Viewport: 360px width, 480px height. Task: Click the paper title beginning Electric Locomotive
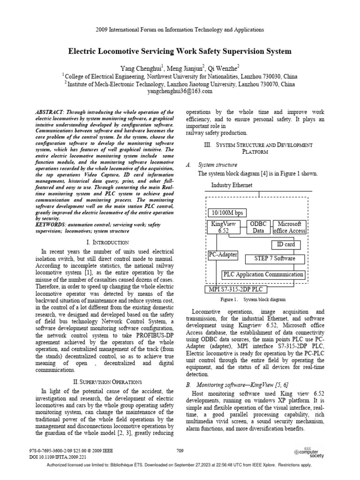click(x=180, y=51)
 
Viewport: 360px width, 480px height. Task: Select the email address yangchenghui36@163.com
click(x=180, y=92)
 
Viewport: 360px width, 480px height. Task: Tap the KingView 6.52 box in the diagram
click(x=223, y=227)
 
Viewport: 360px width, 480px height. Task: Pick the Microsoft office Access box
click(x=289, y=227)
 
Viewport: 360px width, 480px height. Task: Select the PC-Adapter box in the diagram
click(x=223, y=255)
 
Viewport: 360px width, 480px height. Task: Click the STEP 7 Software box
click(x=274, y=258)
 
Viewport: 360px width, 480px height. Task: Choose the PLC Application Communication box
click(x=263, y=275)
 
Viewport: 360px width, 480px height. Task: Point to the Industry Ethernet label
click(x=232, y=185)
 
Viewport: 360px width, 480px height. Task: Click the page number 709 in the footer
click(x=180, y=450)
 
